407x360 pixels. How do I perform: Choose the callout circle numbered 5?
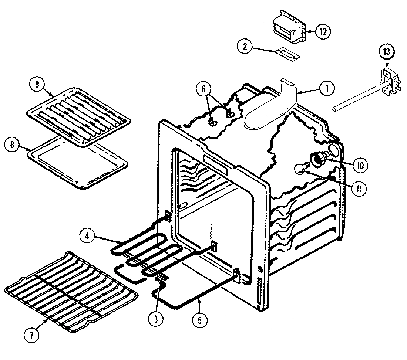200,320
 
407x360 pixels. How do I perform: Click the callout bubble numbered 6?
206,89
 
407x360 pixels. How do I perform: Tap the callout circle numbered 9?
37,84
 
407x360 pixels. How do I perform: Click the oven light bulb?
300,169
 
